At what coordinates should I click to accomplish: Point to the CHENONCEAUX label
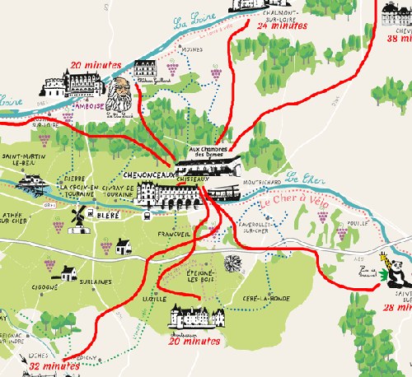pyautogui.click(x=147, y=175)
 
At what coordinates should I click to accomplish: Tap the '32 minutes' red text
pyautogui.click(x=54, y=365)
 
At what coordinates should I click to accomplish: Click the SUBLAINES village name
pyautogui.click(x=96, y=282)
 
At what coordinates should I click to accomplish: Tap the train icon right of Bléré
pyautogui.click(x=145, y=216)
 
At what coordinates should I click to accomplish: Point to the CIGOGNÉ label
pyautogui.click(x=44, y=288)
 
